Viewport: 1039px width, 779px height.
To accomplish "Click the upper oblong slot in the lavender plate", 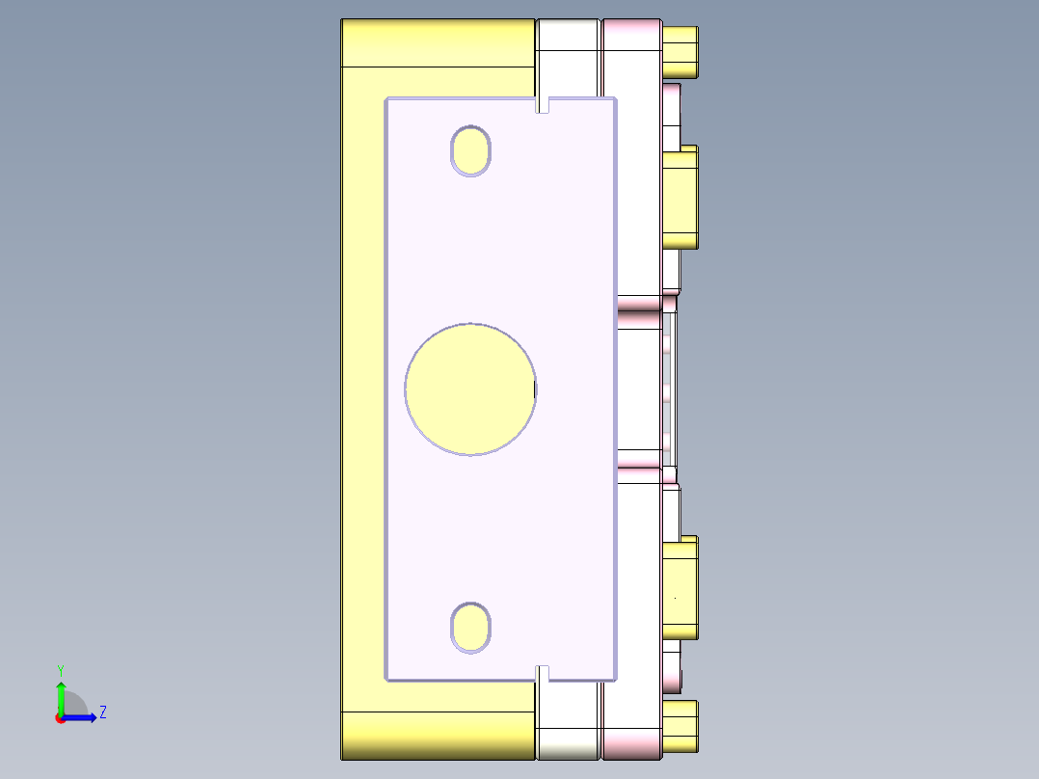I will pos(471,151).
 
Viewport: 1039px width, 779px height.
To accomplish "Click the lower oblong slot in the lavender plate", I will pos(471,628).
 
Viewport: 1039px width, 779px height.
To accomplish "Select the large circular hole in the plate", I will pos(470,389).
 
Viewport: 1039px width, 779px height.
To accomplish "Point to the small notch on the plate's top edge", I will pos(543,104).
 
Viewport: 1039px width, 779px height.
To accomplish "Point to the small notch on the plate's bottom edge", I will pos(543,673).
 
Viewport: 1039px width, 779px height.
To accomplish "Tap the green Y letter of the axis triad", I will pos(60,670).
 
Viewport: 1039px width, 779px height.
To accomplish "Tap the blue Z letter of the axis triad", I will pos(102,712).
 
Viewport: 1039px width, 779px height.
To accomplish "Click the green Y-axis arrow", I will pos(61,696).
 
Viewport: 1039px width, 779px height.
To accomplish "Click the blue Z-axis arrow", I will pos(83,717).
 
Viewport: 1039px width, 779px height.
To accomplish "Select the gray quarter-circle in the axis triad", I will pos(74,706).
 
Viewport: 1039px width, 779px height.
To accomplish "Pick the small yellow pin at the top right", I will pos(680,52).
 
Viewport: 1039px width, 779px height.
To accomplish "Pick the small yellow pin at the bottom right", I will pos(680,726).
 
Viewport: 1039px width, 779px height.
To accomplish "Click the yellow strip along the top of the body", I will pos(439,42).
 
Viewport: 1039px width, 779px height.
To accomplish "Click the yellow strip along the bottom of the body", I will pos(439,735).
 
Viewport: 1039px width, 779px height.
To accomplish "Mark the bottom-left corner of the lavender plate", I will pos(386,680).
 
